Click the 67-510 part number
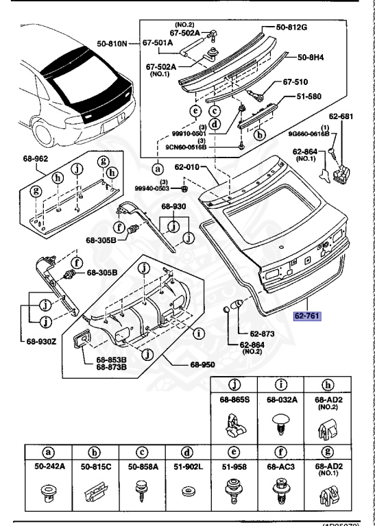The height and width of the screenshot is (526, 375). pyautogui.click(x=297, y=82)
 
